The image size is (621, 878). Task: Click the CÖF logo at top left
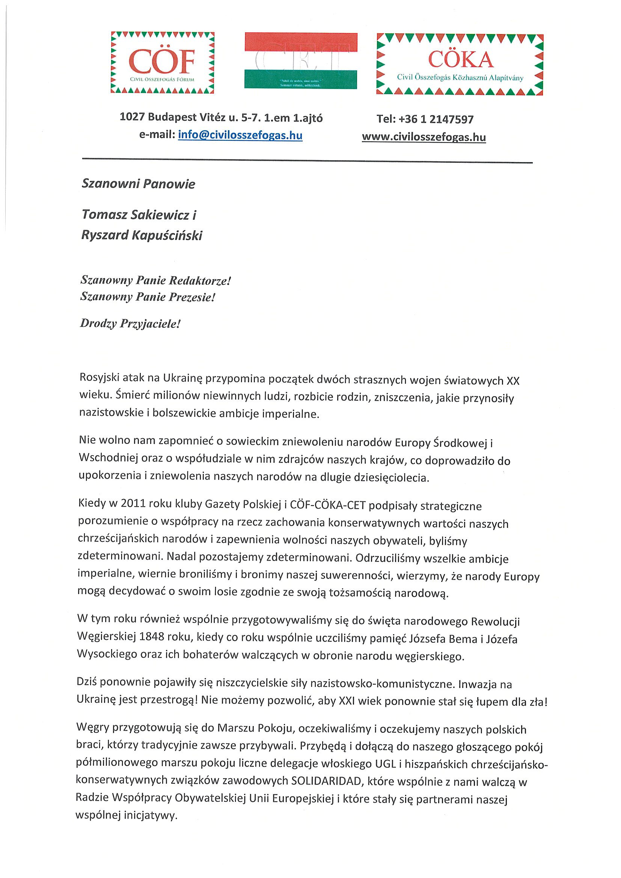pos(162,63)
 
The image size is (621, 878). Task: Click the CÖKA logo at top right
pos(460,64)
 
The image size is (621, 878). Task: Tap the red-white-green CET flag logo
pos(301,61)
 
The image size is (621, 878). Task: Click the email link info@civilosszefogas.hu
pos(240,135)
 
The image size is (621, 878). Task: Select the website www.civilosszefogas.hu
pos(424,137)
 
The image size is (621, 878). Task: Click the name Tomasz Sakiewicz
pos(136,215)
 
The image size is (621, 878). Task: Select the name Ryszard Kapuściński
pos(142,235)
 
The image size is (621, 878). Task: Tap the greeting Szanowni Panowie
pos(139,184)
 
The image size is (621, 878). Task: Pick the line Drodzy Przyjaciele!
pos(130,323)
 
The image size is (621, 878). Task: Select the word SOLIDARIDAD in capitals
pos(327,780)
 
